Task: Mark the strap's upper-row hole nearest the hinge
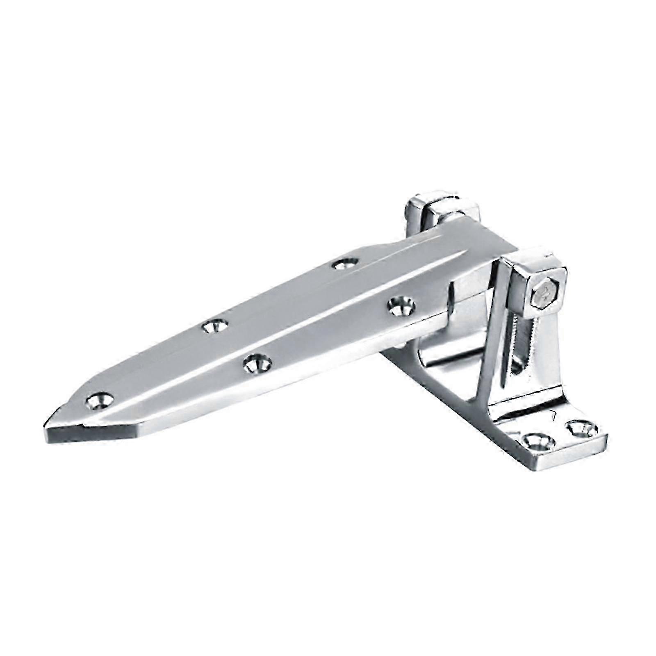pyautogui.click(x=344, y=263)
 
